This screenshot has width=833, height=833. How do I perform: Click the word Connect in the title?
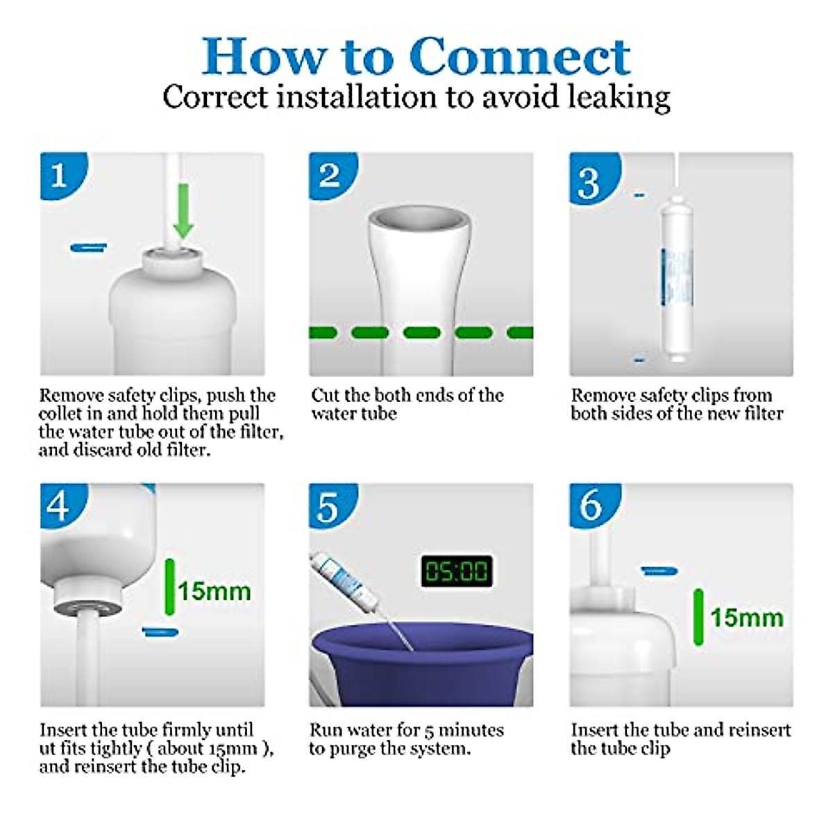[x=520, y=57]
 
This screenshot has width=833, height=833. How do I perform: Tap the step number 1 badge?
[x=63, y=175]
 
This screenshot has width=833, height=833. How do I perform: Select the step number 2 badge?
[x=333, y=175]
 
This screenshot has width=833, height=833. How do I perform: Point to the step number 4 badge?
[x=63, y=505]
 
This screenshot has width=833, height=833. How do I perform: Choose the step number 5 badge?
[x=333, y=505]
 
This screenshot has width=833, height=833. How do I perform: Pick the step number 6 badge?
[x=595, y=505]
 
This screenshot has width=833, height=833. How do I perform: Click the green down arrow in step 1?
[x=183, y=210]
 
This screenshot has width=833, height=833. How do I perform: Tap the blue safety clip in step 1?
[x=89, y=247]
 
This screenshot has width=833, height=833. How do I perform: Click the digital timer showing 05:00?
[x=457, y=571]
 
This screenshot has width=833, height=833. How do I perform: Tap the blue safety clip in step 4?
[x=160, y=632]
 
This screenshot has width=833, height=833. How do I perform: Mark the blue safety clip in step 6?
[x=659, y=571]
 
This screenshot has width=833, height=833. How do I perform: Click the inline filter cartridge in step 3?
[x=677, y=279]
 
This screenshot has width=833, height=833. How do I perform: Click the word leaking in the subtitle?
[x=619, y=98]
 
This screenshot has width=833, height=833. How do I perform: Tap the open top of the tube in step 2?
[x=419, y=221]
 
